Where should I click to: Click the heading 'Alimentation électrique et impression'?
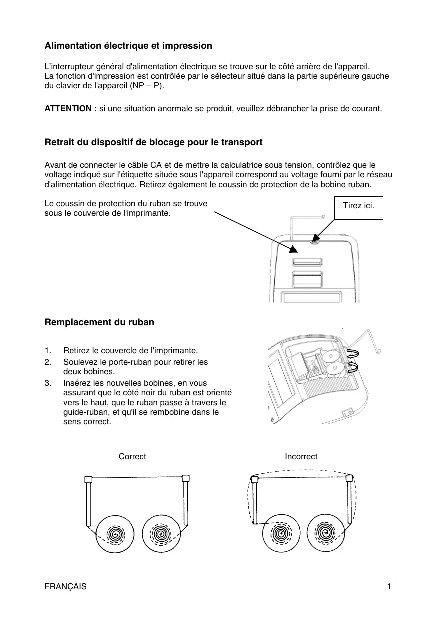click(x=128, y=46)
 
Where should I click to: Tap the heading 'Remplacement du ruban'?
click(x=99, y=322)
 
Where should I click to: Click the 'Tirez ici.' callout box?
click(x=358, y=205)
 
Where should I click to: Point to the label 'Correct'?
click(x=132, y=456)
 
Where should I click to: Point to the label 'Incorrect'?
click(x=301, y=456)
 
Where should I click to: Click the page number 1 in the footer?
click(x=389, y=587)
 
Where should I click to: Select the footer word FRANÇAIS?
click(x=66, y=587)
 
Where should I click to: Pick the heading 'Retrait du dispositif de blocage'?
click(x=153, y=142)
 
